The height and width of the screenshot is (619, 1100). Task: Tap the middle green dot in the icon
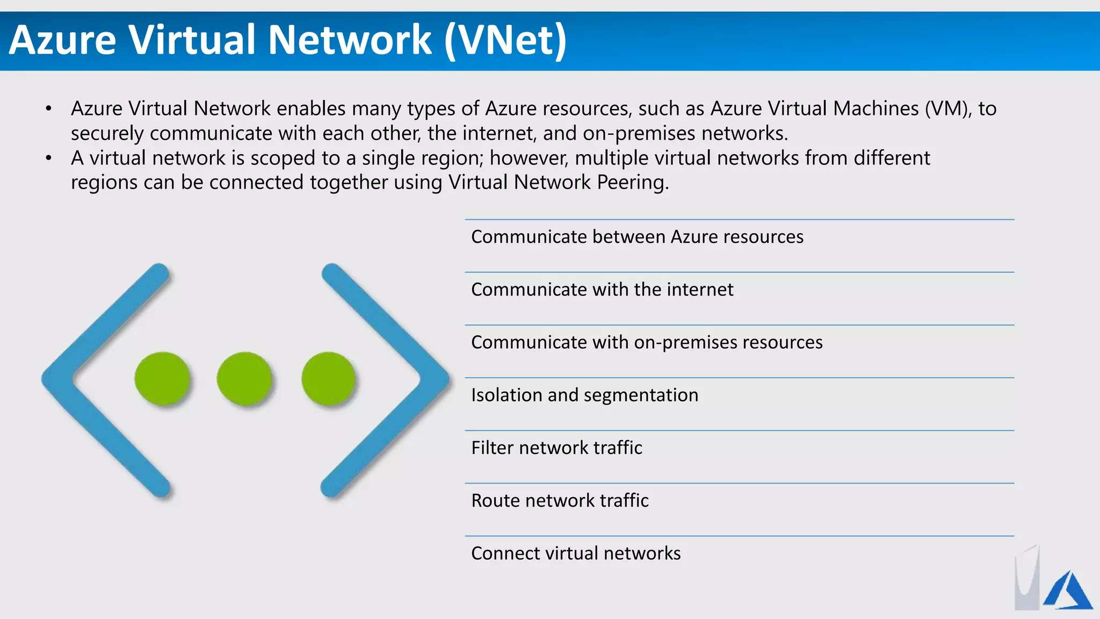pos(244,378)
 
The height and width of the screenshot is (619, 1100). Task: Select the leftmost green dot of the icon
pos(162,378)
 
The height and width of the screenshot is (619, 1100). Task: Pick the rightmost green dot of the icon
pos(328,378)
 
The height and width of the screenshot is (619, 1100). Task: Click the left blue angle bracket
pos(81,378)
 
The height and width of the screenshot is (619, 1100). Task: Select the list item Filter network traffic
pos(556,448)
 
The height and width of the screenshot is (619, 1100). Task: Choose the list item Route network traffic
pos(560,500)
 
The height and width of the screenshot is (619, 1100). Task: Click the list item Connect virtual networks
pos(576,553)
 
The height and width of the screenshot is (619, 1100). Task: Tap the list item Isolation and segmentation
pos(584,395)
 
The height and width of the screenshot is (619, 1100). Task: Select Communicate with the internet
pos(602,290)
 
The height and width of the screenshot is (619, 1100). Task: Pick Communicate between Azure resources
pos(637,237)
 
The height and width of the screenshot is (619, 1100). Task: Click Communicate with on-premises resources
pos(647,342)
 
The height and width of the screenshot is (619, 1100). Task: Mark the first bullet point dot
pos(49,109)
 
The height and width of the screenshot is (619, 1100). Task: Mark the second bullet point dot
pos(49,159)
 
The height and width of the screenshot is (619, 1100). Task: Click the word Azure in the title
pos(63,40)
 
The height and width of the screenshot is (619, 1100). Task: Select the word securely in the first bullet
pos(107,134)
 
